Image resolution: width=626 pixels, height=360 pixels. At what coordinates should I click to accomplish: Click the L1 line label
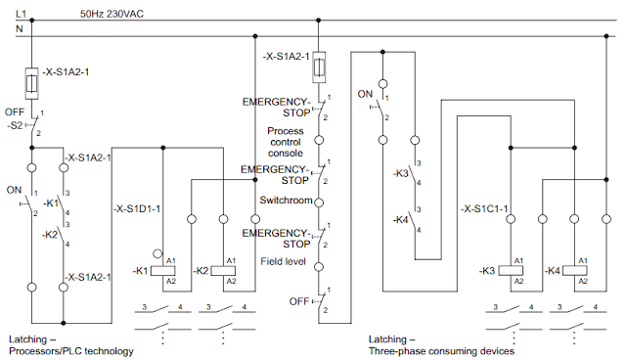(x=21, y=13)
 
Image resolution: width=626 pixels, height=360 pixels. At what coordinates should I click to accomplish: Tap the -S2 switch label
(x=16, y=125)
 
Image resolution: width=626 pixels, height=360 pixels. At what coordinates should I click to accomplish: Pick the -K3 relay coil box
(x=510, y=269)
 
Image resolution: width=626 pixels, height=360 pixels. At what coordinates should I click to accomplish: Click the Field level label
(x=284, y=261)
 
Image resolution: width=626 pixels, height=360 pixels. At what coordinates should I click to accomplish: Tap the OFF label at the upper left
(x=14, y=112)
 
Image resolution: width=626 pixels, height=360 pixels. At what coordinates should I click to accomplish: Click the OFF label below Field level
(x=299, y=301)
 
